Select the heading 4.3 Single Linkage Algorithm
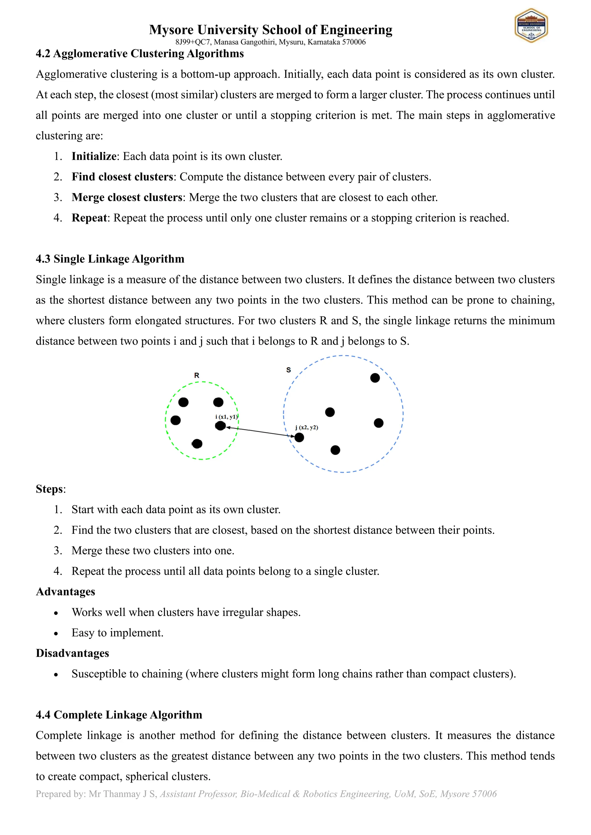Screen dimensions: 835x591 click(x=110, y=259)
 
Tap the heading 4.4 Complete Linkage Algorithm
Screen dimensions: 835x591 click(x=119, y=715)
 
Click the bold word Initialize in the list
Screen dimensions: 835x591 click(x=94, y=156)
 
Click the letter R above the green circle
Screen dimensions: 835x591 click(x=197, y=375)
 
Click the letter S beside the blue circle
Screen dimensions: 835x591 click(x=289, y=370)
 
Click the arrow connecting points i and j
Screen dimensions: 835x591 click(x=260, y=431)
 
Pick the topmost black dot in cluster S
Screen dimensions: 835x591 click(x=375, y=378)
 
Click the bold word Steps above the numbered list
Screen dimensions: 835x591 click(x=50, y=489)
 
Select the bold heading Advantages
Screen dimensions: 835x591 click(x=66, y=592)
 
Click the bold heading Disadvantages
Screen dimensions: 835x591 click(x=72, y=653)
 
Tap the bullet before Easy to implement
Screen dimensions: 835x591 click(x=56, y=633)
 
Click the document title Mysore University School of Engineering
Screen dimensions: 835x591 click(x=270, y=30)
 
